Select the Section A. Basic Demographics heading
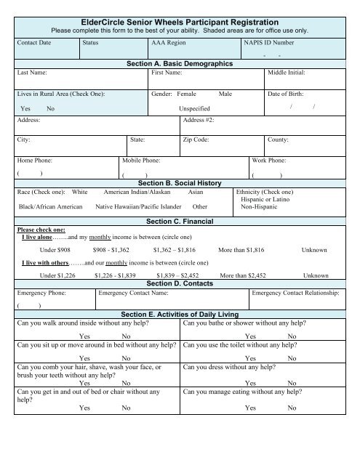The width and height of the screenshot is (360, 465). click(179, 64)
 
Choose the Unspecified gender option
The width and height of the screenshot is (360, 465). click(194, 108)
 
